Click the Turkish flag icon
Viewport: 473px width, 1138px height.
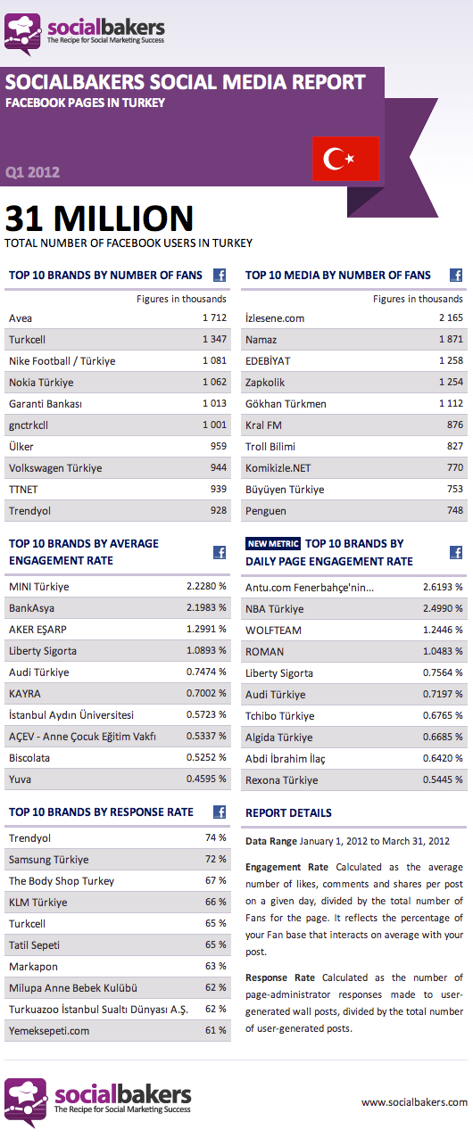point(345,160)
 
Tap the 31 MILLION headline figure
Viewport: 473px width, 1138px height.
point(99,219)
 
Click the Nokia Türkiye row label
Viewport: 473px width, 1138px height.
point(41,383)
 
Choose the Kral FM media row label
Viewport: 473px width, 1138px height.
point(263,425)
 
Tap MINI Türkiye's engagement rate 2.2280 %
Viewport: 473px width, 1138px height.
point(206,587)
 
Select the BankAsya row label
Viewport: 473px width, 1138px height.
point(31,608)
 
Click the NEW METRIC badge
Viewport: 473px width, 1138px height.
point(273,544)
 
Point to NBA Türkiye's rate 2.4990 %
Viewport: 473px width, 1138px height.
point(444,609)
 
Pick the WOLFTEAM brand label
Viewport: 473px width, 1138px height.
point(273,631)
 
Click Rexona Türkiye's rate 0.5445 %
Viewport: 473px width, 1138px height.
point(444,780)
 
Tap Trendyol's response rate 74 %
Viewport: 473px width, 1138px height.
point(215,838)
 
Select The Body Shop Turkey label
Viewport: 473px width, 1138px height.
point(62,881)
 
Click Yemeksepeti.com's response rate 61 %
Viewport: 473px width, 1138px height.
point(215,1031)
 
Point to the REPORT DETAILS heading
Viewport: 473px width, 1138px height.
point(288,813)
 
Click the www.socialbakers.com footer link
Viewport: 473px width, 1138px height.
point(414,1103)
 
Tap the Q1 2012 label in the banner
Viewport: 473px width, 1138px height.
point(32,172)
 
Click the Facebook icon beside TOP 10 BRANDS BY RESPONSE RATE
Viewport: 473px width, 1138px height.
point(219,812)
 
